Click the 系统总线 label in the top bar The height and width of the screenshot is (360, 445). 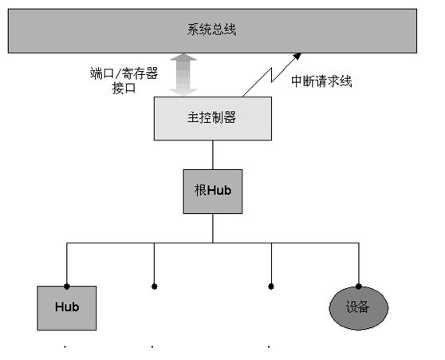tap(211, 30)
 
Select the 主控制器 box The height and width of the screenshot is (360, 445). tap(213, 118)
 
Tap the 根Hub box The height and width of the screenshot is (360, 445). tap(213, 192)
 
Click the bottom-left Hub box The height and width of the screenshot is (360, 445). tap(67, 308)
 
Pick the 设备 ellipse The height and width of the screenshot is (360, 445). tap(358, 308)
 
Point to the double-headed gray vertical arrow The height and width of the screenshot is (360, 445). tap(183, 75)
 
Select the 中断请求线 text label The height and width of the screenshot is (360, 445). tap(321, 81)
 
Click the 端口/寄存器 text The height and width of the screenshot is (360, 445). tap(124, 73)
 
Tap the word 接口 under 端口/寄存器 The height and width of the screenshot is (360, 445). tap(124, 88)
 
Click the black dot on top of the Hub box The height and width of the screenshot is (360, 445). tap(67, 287)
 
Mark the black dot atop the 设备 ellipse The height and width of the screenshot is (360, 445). tap(358, 287)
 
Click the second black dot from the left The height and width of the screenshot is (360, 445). tap(154, 287)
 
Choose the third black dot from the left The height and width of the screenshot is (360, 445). tap(271, 287)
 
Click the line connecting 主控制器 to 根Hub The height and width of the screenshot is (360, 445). tap(213, 155)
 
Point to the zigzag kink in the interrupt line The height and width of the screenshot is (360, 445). tap(272, 75)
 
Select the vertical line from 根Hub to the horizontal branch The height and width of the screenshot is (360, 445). tap(213, 228)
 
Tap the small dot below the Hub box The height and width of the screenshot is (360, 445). tap(65, 346)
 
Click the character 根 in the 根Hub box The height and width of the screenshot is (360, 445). tap(200, 190)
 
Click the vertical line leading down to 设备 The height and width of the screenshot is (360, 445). tap(358, 263)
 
